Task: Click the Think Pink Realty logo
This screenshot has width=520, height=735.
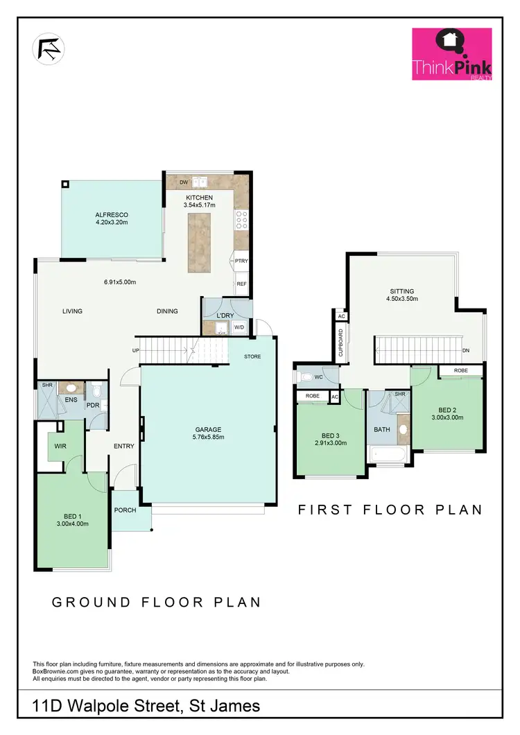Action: [x=452, y=54]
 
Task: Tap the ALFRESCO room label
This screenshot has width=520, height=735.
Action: [x=112, y=214]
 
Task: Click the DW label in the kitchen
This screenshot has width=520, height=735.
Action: [x=184, y=182]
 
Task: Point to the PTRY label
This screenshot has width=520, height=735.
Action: [x=241, y=261]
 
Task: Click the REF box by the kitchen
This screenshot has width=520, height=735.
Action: [x=241, y=284]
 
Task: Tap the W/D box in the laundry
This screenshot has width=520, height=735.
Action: [x=239, y=327]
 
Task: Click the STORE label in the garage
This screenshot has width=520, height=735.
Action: [x=252, y=357]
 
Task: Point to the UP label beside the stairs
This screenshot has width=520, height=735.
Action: [x=135, y=351]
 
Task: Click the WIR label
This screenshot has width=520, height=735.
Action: [x=60, y=445]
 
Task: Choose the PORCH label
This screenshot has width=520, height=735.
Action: [x=125, y=511]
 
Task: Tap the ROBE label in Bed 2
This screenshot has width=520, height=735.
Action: [x=460, y=371]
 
